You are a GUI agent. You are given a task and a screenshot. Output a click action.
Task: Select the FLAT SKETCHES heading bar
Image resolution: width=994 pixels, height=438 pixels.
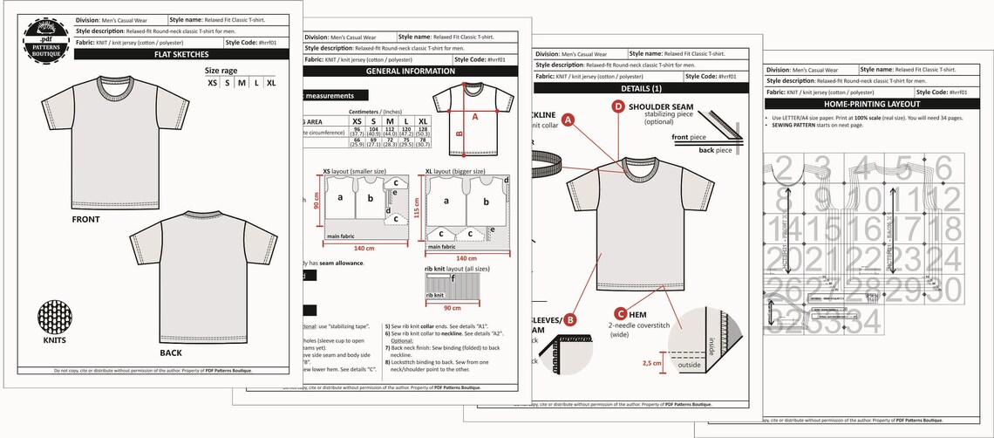(x=180, y=54)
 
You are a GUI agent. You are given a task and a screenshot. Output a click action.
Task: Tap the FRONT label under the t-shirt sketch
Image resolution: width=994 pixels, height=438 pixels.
(x=85, y=220)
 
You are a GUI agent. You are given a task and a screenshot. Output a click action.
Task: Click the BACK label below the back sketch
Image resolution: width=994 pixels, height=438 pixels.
(x=171, y=352)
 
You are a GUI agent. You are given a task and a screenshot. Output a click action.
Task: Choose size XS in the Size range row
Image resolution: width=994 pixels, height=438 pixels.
(x=213, y=83)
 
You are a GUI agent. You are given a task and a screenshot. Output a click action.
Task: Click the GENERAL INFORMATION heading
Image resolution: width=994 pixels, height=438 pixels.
(x=410, y=72)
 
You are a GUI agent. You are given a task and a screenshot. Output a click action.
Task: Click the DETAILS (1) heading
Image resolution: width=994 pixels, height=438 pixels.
(x=643, y=89)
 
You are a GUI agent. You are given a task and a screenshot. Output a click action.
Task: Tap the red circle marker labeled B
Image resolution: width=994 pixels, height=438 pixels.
(x=569, y=319)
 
